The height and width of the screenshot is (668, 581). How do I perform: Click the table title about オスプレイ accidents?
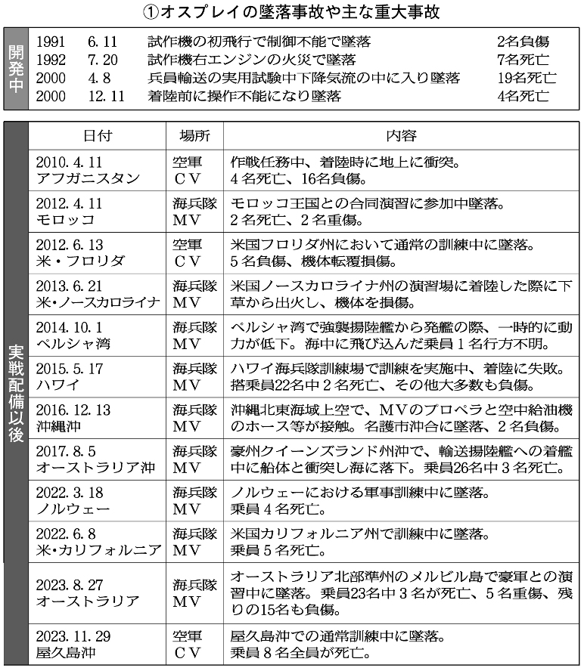(290, 13)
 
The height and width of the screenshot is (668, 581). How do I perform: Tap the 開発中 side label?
(15, 69)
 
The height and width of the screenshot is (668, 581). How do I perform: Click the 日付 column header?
(97, 136)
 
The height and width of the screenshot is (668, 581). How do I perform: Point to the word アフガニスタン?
(87, 180)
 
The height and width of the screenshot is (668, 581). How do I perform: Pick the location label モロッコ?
(64, 221)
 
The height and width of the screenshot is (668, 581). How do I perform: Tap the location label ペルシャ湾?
(73, 343)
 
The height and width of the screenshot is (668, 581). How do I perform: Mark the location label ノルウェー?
(73, 509)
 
